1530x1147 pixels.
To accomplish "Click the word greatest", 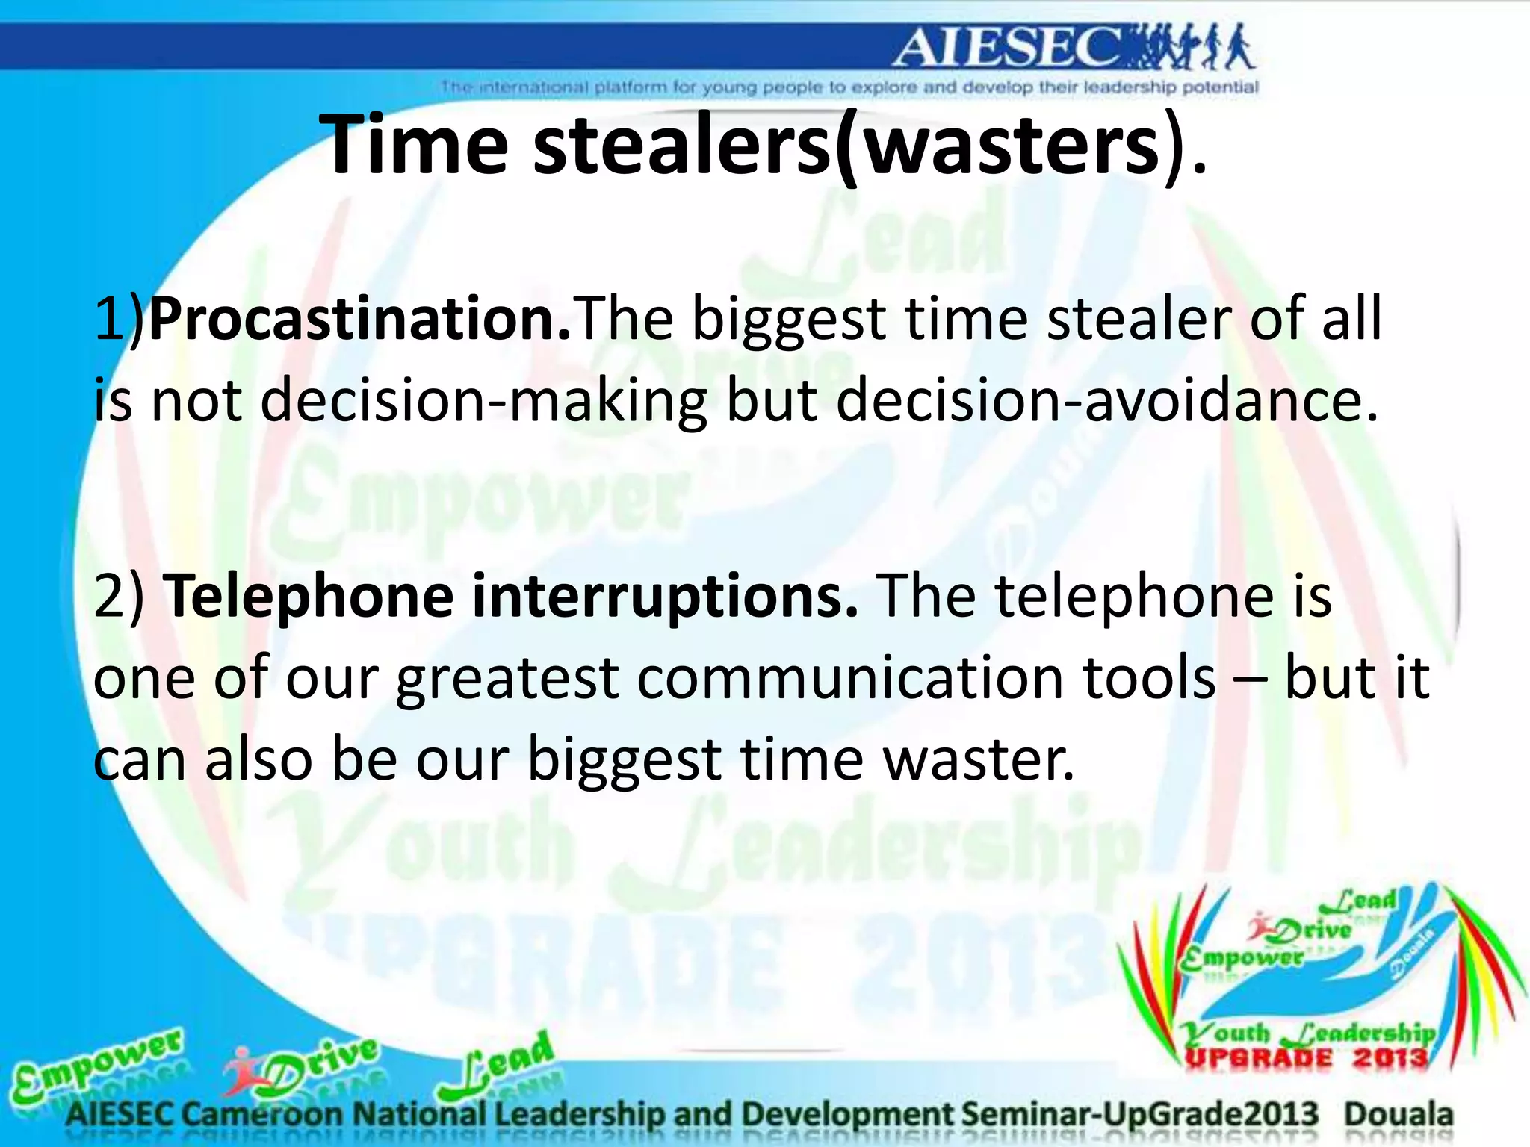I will [x=507, y=680].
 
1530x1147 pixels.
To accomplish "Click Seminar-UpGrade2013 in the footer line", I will [x=1139, y=1115].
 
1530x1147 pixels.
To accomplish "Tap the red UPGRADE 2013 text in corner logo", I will [x=1307, y=1058].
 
